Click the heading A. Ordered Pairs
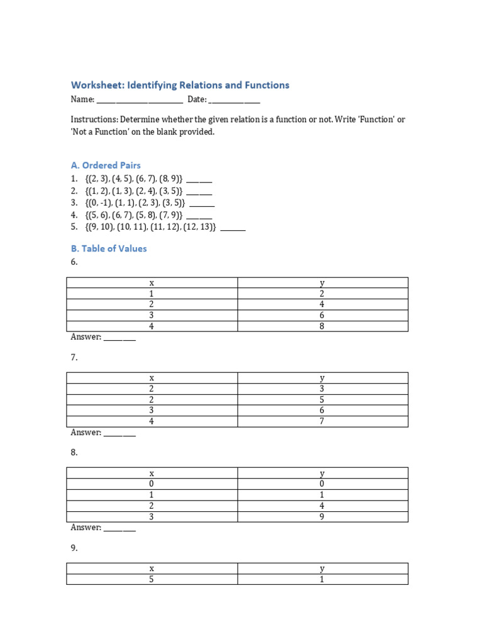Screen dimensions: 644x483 106,165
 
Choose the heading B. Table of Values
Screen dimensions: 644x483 109,248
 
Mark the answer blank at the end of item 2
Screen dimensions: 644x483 199,192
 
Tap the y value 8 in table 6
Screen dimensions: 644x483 322,326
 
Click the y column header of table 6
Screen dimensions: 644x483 322,283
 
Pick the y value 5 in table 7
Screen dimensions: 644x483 322,399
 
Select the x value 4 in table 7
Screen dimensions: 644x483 152,421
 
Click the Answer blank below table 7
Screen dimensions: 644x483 119,433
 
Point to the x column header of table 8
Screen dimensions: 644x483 152,474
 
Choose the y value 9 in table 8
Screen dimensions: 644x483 322,517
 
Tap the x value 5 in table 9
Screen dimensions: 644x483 152,579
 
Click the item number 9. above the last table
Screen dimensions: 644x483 74,548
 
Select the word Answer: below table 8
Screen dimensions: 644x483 86,528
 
